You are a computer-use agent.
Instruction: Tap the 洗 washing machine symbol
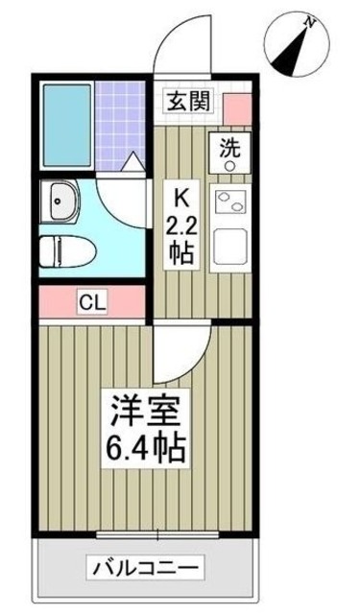tap(230, 153)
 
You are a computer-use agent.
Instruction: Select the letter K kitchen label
tap(180, 199)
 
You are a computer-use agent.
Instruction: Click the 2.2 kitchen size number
tap(181, 228)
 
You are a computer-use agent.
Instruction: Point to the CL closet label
tap(92, 303)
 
